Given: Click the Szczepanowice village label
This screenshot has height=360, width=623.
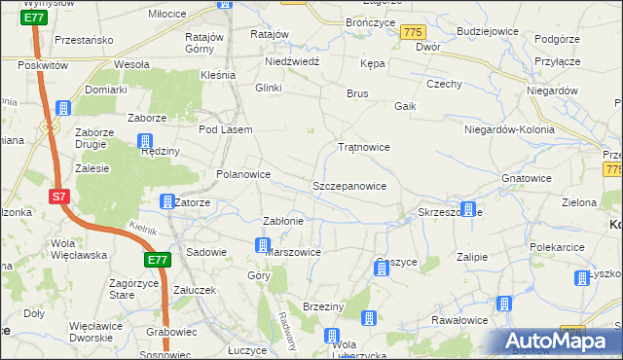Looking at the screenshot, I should pos(349,185).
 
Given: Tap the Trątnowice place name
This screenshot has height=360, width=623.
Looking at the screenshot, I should pos(363,147).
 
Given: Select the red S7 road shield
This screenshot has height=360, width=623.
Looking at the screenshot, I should pos(59,197).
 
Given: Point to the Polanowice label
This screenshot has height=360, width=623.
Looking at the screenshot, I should pos(242,174).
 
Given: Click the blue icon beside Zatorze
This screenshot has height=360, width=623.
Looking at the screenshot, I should pos(165,202).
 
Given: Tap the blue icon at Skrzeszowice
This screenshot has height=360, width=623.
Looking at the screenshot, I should pos(468,209).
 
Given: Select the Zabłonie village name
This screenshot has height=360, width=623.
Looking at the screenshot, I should pos(284,221).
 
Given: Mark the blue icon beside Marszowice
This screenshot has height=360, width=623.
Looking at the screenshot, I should pos(262,245).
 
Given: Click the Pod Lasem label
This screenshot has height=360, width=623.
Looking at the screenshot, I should pos(225,129).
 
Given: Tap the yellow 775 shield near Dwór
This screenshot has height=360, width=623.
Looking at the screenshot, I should pos(412,33).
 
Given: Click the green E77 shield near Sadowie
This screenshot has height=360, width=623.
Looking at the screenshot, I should pos(158,260).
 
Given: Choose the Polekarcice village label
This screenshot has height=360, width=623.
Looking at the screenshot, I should pos(562,247).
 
